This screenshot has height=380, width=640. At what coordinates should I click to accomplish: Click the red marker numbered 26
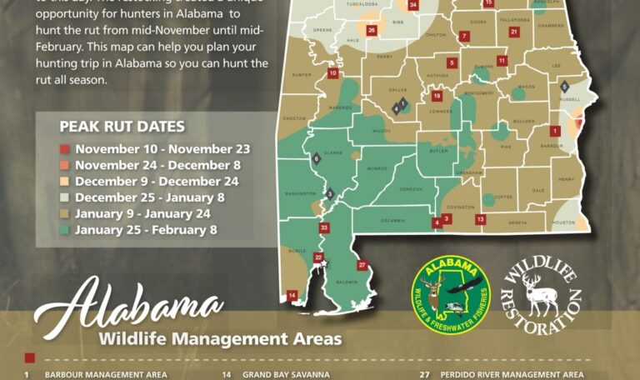click(x=372, y=30)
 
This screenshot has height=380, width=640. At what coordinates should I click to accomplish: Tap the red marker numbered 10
click(x=333, y=73)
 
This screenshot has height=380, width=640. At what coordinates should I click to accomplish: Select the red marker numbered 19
click(x=437, y=97)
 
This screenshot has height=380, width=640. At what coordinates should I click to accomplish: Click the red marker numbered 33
click(x=324, y=227)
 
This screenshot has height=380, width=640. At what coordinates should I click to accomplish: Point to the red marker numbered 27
click(x=362, y=265)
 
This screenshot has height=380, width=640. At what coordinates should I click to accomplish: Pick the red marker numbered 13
click(x=481, y=219)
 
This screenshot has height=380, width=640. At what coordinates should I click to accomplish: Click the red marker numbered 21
click(x=514, y=32)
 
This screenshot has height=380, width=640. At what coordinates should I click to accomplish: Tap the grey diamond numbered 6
click(x=316, y=158)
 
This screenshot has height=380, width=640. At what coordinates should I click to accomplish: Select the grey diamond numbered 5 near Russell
click(x=565, y=86)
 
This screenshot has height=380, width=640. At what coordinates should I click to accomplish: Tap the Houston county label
click(x=564, y=222)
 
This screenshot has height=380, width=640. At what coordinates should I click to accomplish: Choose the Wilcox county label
click(x=382, y=131)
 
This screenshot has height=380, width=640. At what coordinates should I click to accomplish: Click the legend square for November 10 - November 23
click(x=64, y=150)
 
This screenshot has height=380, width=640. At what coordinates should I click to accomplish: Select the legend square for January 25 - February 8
click(x=64, y=229)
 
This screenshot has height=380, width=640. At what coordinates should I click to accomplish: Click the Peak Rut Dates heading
click(x=122, y=127)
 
